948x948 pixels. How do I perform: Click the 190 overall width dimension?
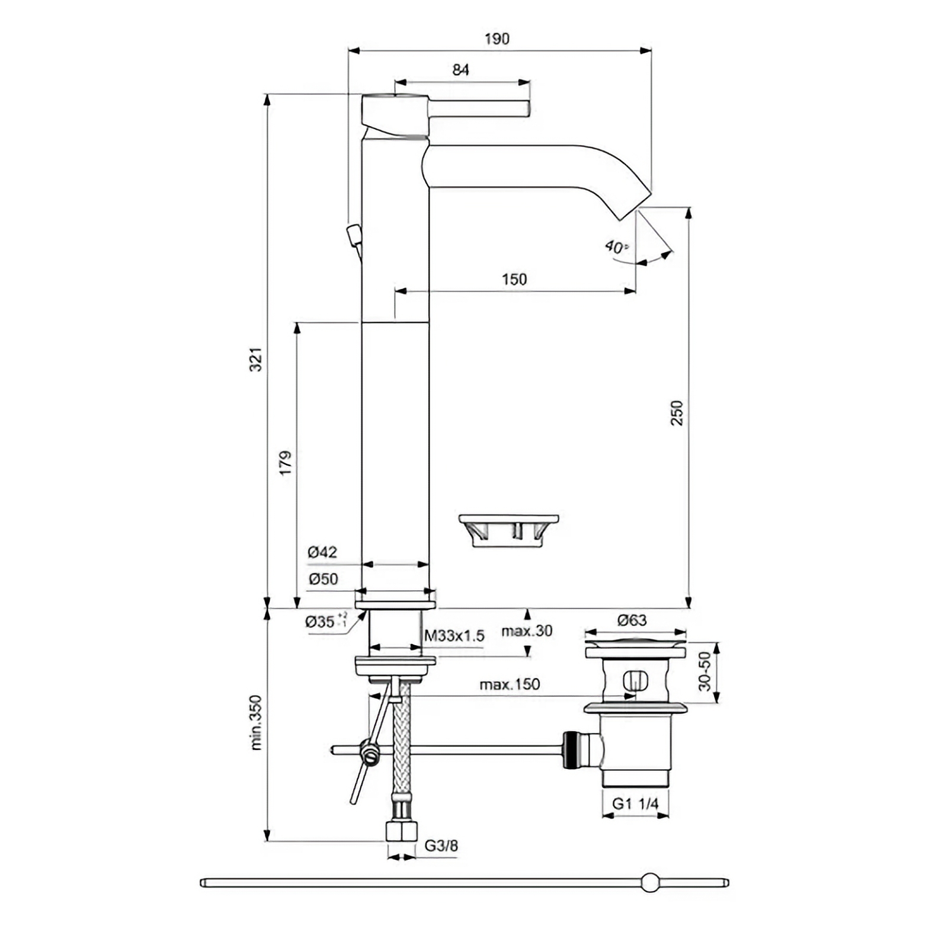coord(497,39)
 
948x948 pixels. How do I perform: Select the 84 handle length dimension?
coord(460,70)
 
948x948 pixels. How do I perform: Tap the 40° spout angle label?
coord(616,246)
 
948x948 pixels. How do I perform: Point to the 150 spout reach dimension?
coord(514,279)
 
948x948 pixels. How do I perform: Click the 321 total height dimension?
coord(255,360)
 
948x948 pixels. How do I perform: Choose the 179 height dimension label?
coord(286,463)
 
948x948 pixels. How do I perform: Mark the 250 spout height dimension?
coord(677,413)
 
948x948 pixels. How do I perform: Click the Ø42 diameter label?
coord(322,552)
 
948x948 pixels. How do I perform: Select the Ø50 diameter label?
coord(323,579)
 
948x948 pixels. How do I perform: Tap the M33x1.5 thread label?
coord(454,636)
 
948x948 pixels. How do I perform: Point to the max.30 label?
coord(527,631)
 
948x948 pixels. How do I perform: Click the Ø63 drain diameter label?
coord(632,620)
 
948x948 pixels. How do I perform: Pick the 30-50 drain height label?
coord(704,671)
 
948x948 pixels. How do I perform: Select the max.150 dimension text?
coord(510,685)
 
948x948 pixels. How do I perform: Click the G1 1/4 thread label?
coord(635,803)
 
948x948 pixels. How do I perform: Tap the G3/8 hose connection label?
coord(441,845)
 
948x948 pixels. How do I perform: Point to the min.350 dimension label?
coord(255,723)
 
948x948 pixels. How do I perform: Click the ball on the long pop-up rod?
coord(650,883)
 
